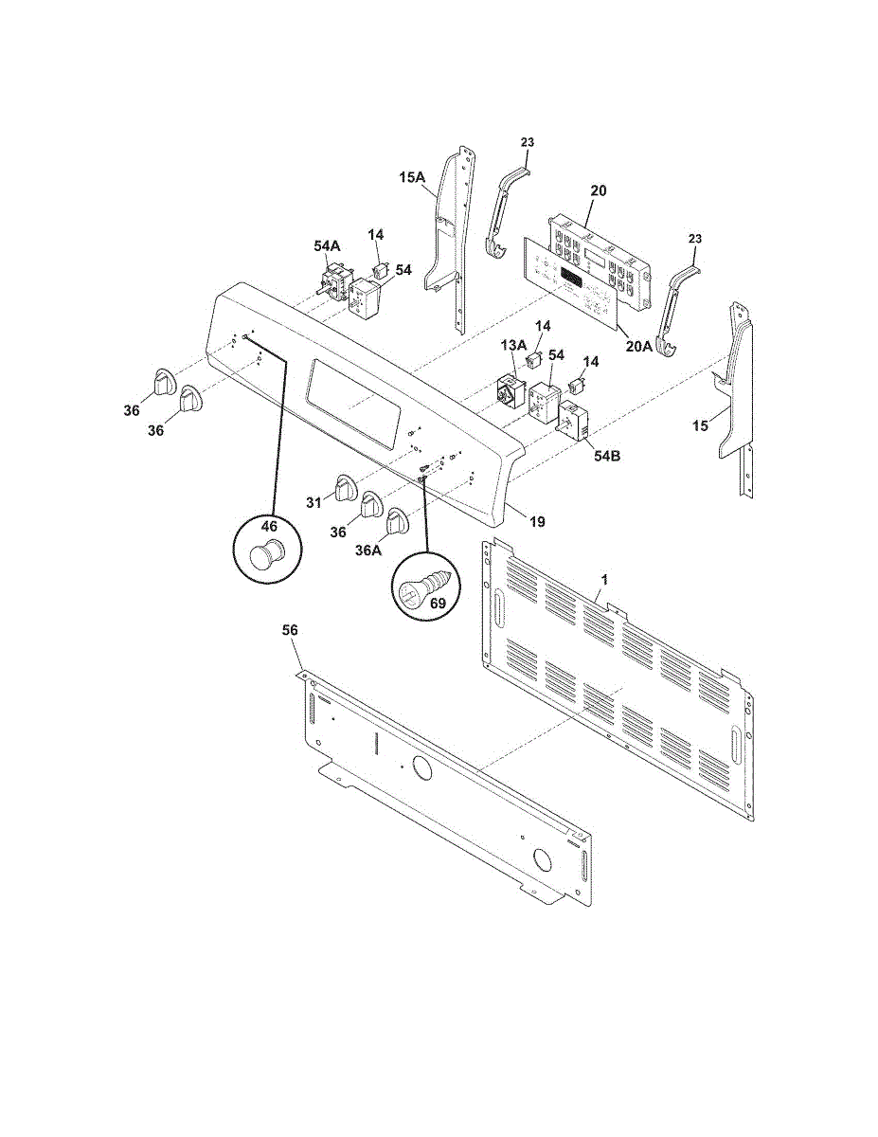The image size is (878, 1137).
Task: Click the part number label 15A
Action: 412,177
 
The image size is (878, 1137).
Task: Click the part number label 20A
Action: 639,346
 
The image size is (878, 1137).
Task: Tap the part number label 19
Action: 537,521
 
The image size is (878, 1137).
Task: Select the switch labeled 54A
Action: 331,281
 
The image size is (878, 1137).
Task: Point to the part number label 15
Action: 700,426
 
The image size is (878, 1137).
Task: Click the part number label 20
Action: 598,190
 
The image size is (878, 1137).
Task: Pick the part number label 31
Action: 314,502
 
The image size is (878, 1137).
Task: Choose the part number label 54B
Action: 607,456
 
